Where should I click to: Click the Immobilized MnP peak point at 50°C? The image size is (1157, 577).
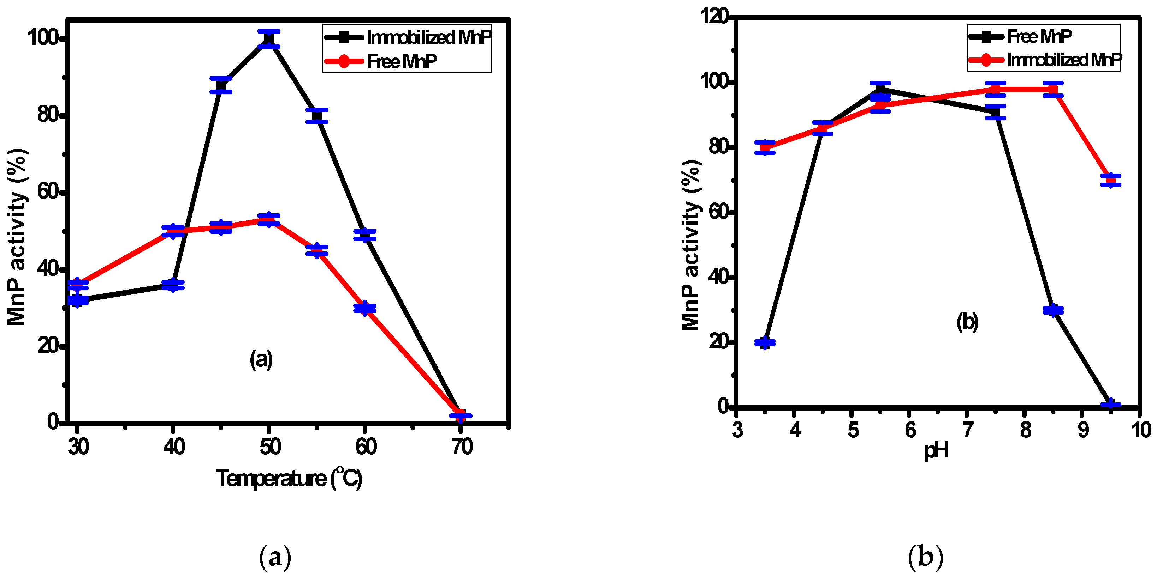tap(268, 39)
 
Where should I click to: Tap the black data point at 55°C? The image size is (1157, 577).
tap(317, 116)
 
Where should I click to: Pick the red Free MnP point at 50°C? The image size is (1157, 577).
tap(268, 220)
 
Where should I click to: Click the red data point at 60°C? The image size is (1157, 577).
tap(365, 308)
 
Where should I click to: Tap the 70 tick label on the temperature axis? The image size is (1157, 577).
tap(462, 447)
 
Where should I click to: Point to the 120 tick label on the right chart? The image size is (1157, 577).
tap(714, 17)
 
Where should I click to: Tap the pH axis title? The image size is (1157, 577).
tap(936, 450)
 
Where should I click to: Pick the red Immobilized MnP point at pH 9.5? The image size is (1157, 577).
tap(1110, 180)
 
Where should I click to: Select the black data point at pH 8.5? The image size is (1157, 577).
tap(1053, 310)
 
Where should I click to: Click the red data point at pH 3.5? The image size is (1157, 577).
tap(764, 148)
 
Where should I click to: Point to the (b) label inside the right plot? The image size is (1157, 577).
tap(967, 322)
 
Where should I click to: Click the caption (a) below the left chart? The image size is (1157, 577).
tap(275, 557)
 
